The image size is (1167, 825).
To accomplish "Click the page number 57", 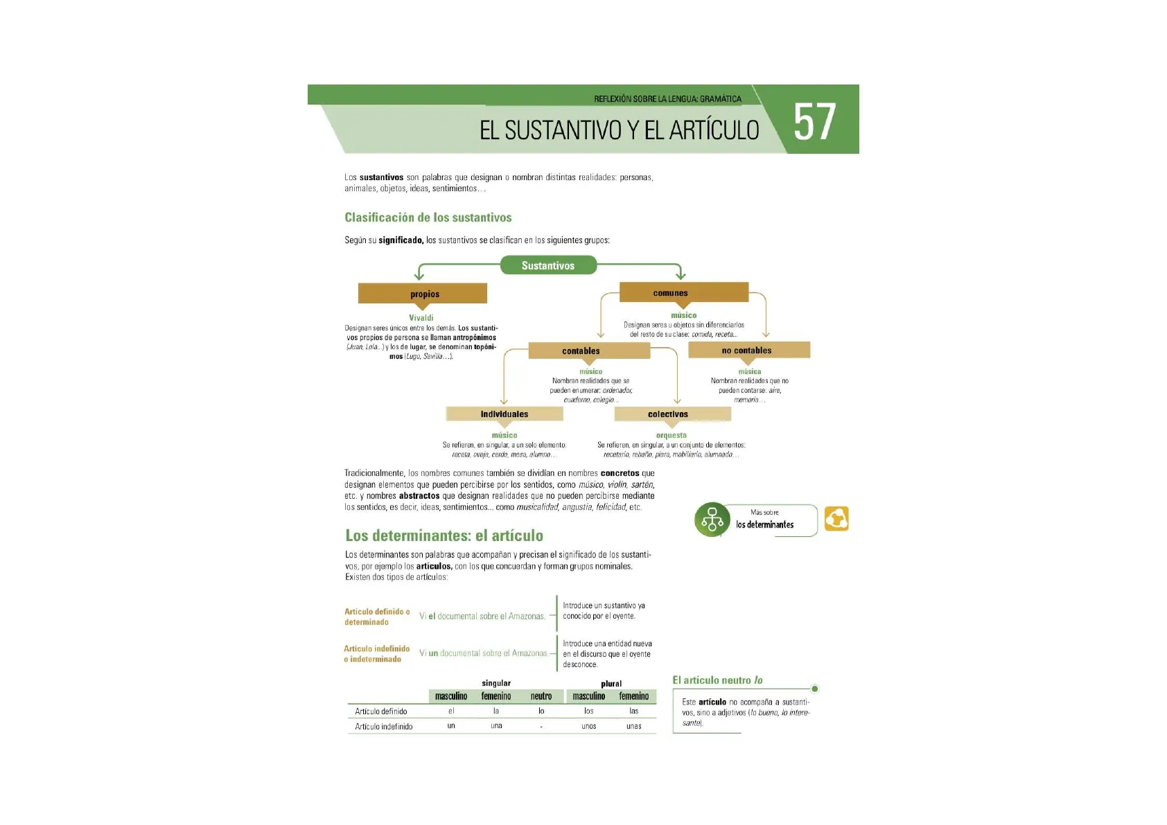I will pos(814,122).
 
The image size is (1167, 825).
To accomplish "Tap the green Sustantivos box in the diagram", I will pos(548,265).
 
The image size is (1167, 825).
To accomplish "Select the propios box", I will pos(423,294).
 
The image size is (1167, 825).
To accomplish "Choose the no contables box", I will pos(748,350).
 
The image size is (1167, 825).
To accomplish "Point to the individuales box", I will pos(504,414).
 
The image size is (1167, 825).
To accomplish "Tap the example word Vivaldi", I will pos(421,318).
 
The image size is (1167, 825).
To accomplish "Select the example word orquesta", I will pos(672,436).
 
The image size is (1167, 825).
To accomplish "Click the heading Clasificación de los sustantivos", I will pos(428,218).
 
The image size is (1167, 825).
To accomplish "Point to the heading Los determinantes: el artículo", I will pos(444,535).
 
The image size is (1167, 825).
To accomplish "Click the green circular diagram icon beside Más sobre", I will pos(712,520).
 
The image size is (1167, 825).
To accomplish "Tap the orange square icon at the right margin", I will pos(836,519).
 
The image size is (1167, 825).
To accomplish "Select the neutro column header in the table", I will pos(541,696).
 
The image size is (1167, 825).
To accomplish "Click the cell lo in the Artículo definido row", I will pos(541,711).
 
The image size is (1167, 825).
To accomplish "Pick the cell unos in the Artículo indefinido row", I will pos(589,726).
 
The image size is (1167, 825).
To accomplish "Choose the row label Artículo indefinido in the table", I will pos(384,727).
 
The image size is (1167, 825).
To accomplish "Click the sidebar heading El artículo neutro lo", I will pos(717,680).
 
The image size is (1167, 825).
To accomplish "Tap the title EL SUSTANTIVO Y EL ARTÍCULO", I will pos(619,130).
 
